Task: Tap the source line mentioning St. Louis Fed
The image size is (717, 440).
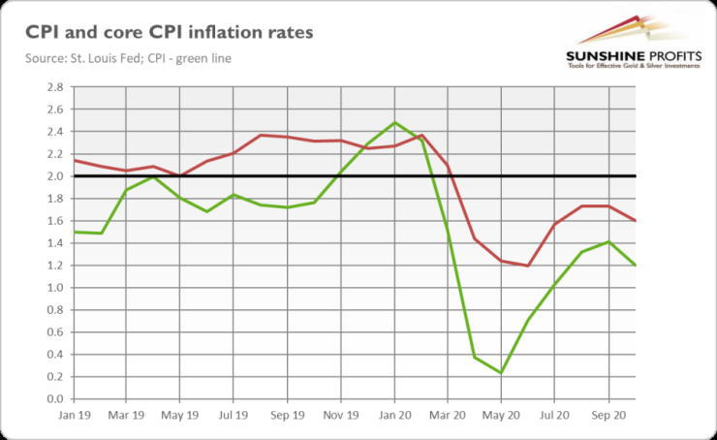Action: pyautogui.click(x=129, y=58)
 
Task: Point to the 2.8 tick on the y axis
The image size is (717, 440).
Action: pyautogui.click(x=54, y=87)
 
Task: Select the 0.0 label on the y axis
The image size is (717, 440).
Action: pyautogui.click(x=54, y=399)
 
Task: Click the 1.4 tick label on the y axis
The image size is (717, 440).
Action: pyautogui.click(x=54, y=243)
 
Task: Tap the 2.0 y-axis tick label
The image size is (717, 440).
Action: pyautogui.click(x=54, y=176)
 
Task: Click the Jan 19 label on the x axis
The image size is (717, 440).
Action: pyautogui.click(x=74, y=414)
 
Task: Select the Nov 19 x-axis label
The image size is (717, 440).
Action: pyautogui.click(x=340, y=414)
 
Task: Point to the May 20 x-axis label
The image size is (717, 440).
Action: pyautogui.click(x=501, y=414)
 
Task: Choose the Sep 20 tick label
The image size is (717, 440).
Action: pyautogui.click(x=608, y=414)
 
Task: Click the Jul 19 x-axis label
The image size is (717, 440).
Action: pyautogui.click(x=234, y=414)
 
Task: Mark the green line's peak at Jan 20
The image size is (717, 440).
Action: pyautogui.click(x=394, y=122)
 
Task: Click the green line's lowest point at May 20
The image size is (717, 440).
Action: pyautogui.click(x=501, y=373)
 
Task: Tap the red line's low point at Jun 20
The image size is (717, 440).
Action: pyautogui.click(x=528, y=266)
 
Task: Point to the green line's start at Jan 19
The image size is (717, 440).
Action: pyautogui.click(x=75, y=232)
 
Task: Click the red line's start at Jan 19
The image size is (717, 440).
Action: pyautogui.click(x=75, y=160)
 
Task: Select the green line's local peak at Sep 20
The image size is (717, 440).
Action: pyautogui.click(x=608, y=242)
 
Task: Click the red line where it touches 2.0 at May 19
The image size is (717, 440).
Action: pyautogui.click(x=180, y=176)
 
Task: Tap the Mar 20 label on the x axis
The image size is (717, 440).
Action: pyautogui.click(x=447, y=414)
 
